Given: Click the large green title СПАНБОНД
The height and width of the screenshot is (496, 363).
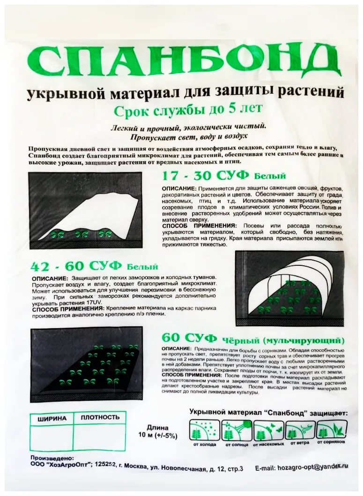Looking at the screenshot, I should coord(183,62).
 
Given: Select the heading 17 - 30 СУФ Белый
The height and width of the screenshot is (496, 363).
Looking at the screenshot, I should coord(224,176).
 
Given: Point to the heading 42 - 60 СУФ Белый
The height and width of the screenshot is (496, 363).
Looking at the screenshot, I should coord(94,266).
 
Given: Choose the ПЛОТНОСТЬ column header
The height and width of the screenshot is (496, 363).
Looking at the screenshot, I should coord(100,417).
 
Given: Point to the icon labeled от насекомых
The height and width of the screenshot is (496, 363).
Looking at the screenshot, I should coord(268,429).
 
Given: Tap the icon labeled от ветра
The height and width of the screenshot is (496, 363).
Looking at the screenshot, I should coord(300,429).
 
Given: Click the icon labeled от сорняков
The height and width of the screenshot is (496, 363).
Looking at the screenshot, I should coord(332,429).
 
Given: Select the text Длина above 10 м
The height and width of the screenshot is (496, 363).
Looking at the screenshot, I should coord(155,427).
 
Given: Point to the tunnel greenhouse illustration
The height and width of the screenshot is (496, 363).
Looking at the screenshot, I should coord(289,288).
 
